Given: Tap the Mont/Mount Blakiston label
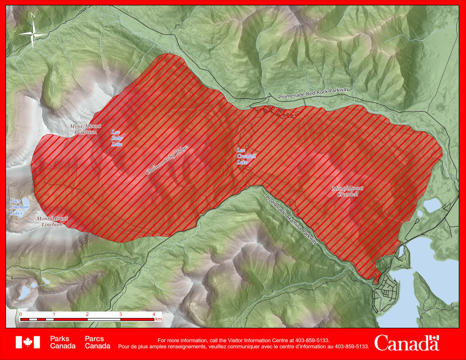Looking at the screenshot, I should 85,129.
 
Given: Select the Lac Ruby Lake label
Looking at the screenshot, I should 116,138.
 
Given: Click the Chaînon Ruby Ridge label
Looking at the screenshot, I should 167,160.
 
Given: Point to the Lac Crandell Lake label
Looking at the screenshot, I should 246,156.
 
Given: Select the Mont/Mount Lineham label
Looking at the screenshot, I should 53,221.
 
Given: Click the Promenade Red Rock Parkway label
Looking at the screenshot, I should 313,93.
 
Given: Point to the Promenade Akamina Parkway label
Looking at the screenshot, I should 292,218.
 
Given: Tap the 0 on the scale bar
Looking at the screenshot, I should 21,314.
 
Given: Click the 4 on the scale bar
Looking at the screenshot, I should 154,314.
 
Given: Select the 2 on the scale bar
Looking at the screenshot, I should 87,314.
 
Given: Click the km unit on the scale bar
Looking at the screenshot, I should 158,319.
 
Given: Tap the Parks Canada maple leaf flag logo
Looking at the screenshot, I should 28,342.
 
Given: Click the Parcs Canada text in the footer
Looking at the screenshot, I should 98,342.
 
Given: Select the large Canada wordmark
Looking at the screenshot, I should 407,343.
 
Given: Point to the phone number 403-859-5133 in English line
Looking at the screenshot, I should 314,340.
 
